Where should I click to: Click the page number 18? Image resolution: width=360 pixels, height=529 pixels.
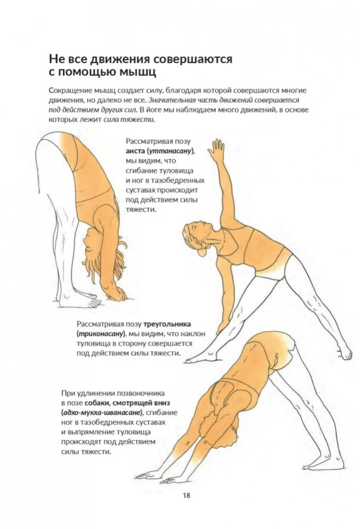tap(187, 495)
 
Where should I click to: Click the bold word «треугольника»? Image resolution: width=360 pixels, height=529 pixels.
tap(167, 324)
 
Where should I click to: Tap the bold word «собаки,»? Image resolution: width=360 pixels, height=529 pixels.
tap(97, 403)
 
